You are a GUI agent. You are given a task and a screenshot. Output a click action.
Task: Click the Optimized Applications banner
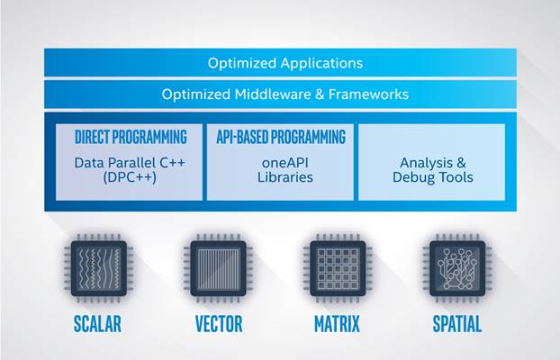[x=280, y=63]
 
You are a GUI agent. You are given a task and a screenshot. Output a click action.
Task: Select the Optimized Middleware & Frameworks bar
[x=280, y=94]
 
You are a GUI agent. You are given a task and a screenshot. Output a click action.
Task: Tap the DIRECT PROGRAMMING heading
[x=131, y=138]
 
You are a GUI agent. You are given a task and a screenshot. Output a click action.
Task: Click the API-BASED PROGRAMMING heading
[x=280, y=138]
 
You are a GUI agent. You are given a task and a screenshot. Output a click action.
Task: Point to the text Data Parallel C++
[x=131, y=163]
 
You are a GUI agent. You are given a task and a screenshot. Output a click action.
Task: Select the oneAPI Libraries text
[x=280, y=170]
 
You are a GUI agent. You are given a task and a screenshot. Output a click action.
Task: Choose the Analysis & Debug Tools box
[x=431, y=162]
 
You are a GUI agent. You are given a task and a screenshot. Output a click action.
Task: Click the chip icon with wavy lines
[x=99, y=267]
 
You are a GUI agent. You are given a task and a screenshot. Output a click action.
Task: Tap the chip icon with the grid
[x=338, y=267]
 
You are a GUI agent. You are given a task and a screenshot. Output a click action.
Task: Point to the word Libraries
[x=280, y=177]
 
